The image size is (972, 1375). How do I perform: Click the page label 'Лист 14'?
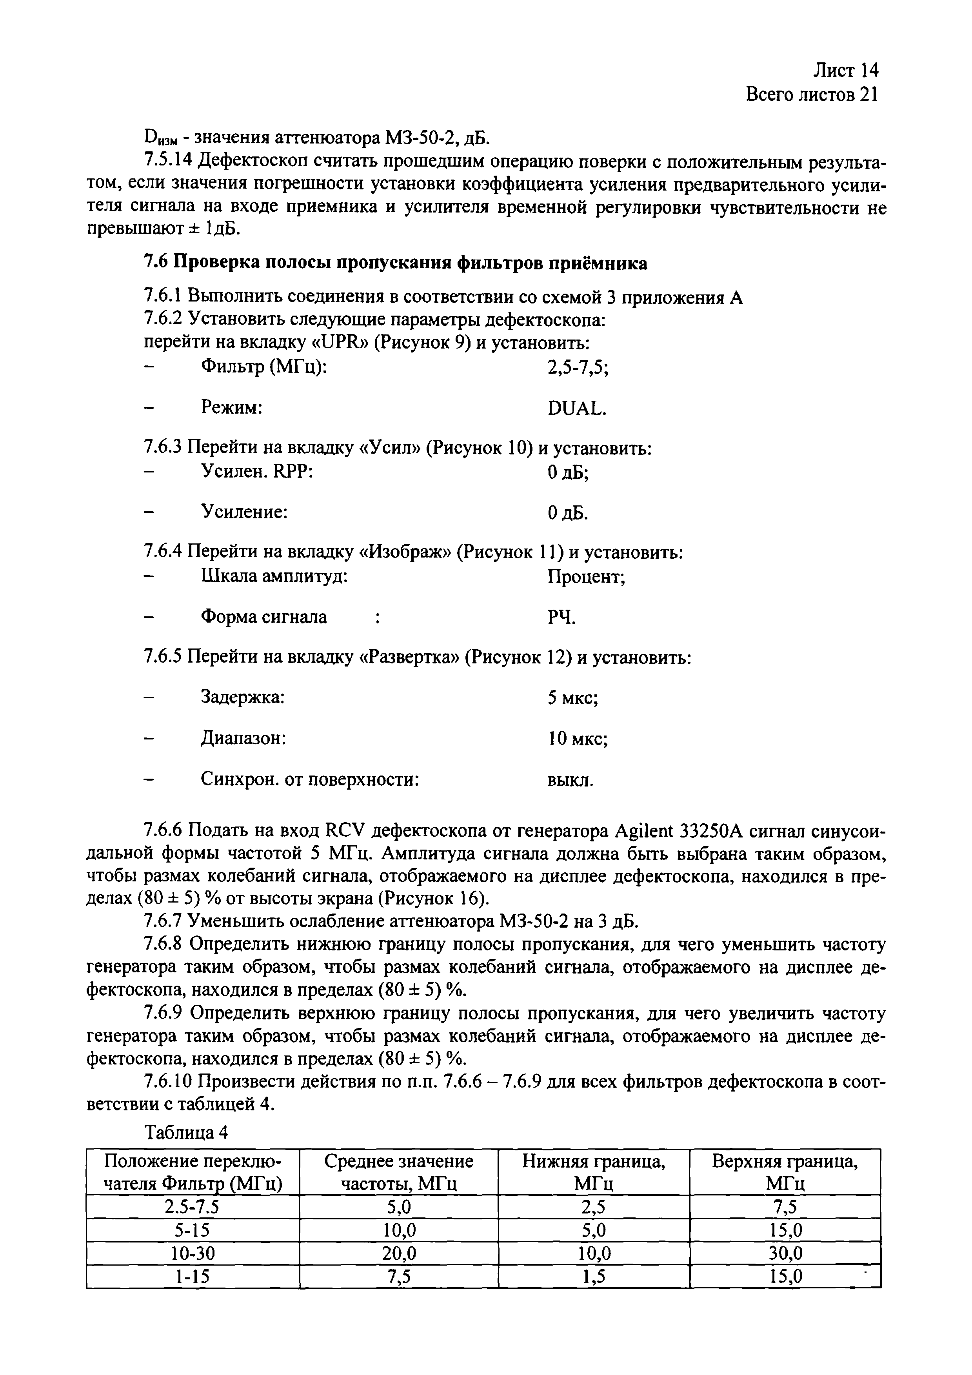tap(845, 71)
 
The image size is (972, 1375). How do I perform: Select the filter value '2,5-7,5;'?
tap(578, 367)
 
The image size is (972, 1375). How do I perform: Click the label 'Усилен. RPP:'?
tap(258, 472)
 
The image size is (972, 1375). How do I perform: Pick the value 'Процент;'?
tap(586, 577)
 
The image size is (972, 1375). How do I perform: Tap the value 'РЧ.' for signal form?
tap(561, 618)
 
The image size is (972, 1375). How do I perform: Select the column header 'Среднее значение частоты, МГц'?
tap(398, 1172)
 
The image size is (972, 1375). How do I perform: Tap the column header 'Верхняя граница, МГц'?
tap(785, 1172)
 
